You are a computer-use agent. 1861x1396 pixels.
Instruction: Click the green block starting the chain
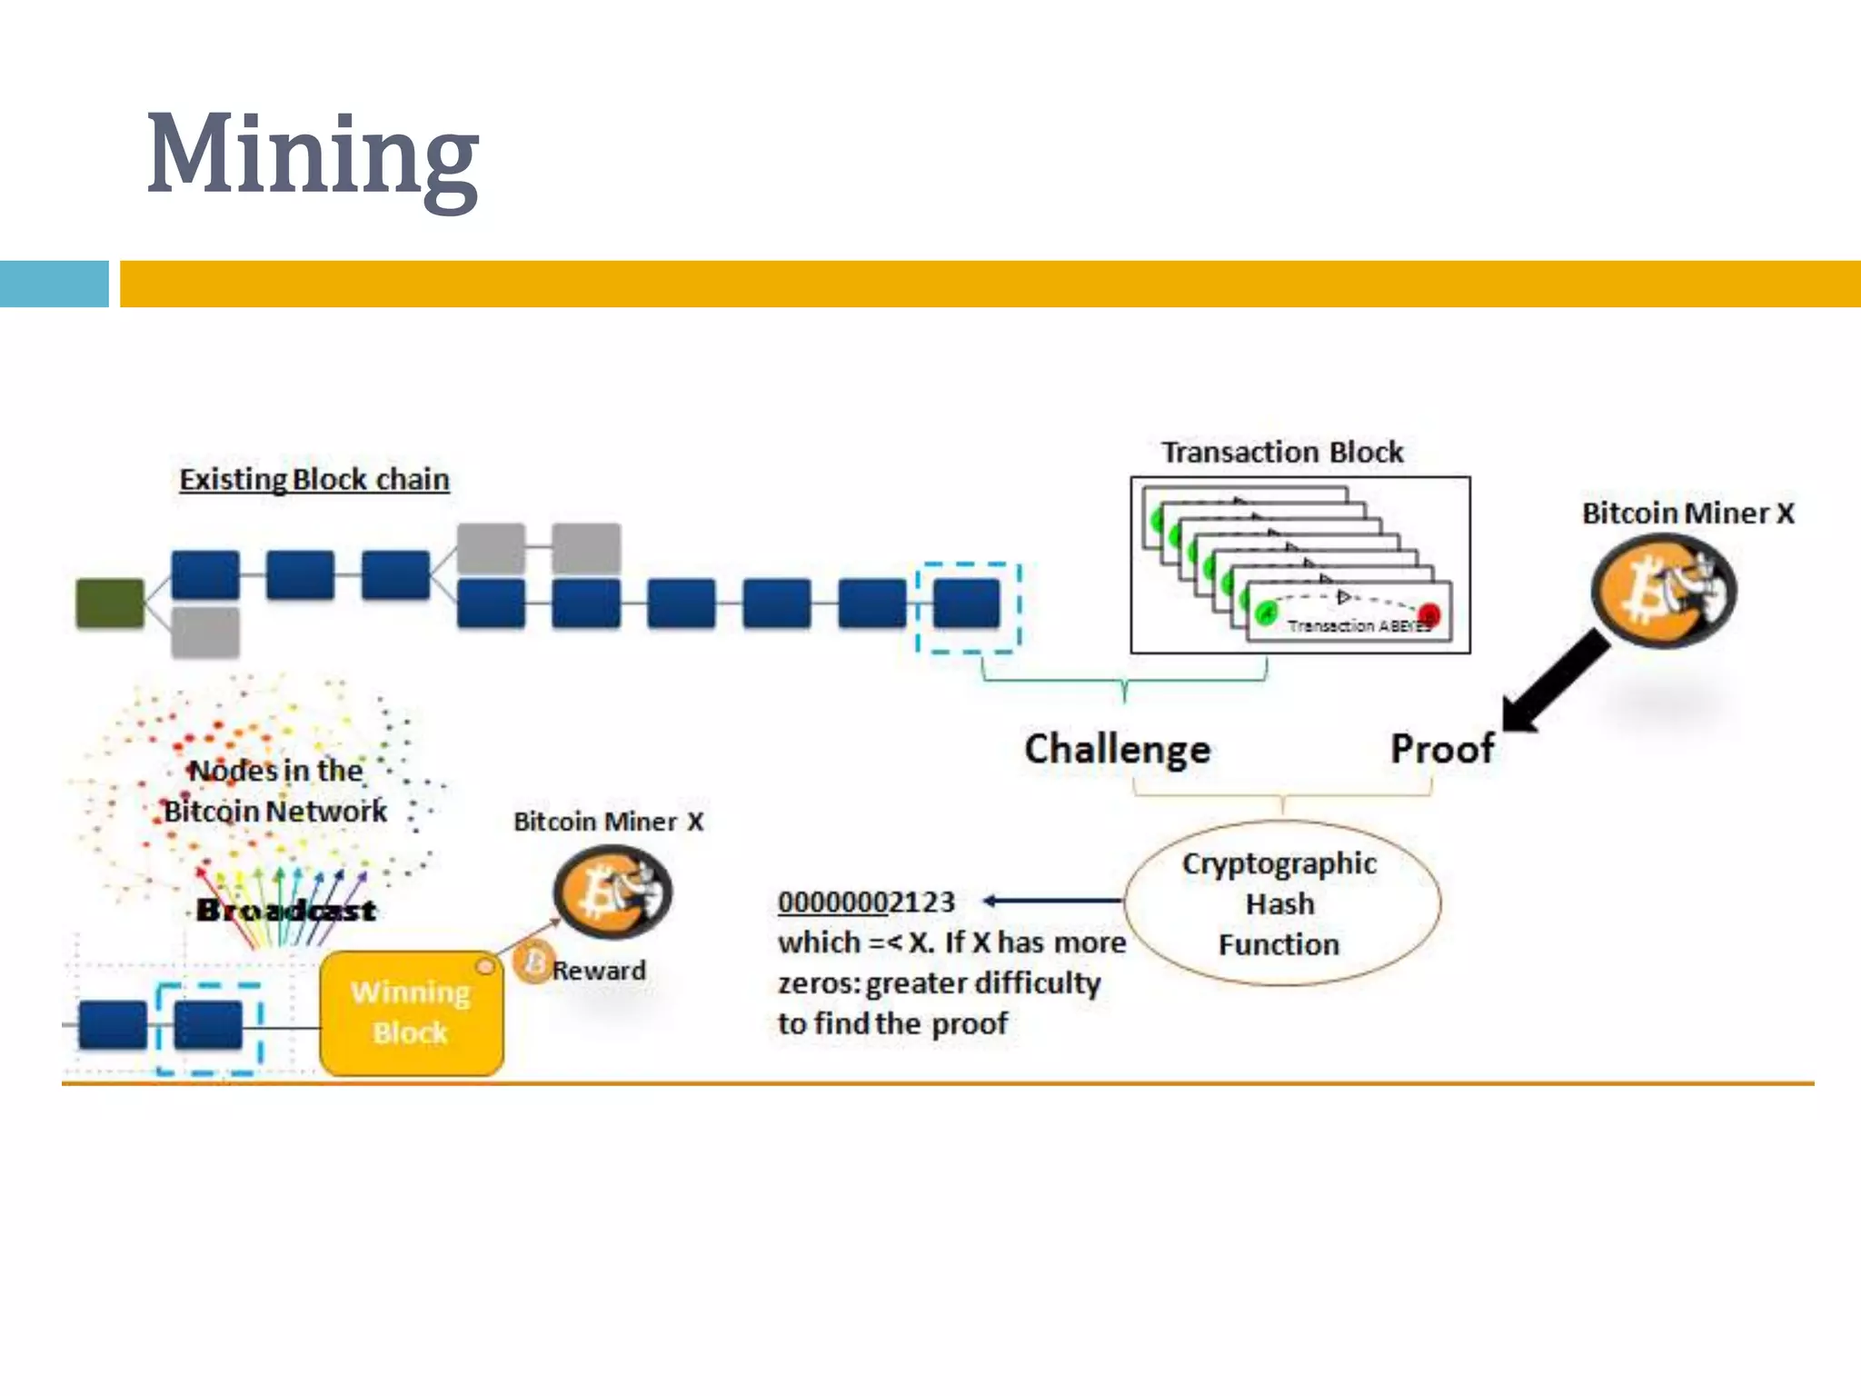pos(110,603)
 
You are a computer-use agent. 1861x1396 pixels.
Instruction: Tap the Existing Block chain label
pos(314,479)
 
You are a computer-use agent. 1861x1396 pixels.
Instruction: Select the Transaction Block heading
pos(1282,452)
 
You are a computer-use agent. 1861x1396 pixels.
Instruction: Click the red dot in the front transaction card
pos(1428,614)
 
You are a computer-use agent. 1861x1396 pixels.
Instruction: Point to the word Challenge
pos(1118,749)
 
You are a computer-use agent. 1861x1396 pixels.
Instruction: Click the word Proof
pos(1442,749)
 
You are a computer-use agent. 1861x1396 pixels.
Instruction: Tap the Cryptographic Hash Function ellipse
pos(1280,903)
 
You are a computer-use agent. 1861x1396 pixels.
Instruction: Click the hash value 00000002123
pos(866,902)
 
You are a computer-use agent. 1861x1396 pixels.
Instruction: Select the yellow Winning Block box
pos(411,1012)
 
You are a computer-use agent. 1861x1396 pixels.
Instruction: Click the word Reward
pos(599,971)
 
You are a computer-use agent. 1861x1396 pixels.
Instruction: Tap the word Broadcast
pos(286,910)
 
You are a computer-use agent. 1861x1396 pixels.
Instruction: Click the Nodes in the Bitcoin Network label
pos(275,791)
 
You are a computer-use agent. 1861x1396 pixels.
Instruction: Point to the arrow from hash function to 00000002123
pos(1054,901)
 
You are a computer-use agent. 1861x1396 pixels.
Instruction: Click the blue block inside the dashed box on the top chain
pos(967,604)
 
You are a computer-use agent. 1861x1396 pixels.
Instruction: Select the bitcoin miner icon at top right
pos(1663,591)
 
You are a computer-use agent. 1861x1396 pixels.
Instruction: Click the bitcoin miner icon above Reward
pos(612,892)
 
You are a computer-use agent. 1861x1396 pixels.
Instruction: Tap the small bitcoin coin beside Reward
pos(532,962)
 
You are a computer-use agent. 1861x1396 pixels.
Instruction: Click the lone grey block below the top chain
pos(205,632)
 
